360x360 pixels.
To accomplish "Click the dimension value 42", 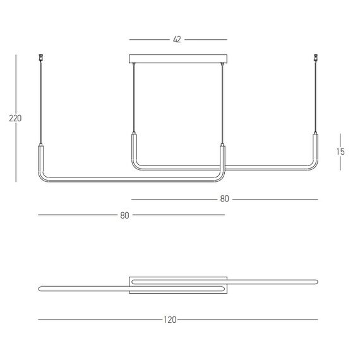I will (x=177, y=39).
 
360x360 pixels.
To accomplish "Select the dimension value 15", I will (x=340, y=152).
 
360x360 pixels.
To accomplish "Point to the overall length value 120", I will (x=169, y=320).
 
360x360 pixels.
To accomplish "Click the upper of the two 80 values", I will (x=224, y=199).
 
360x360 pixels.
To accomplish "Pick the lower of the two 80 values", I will (x=124, y=215).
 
